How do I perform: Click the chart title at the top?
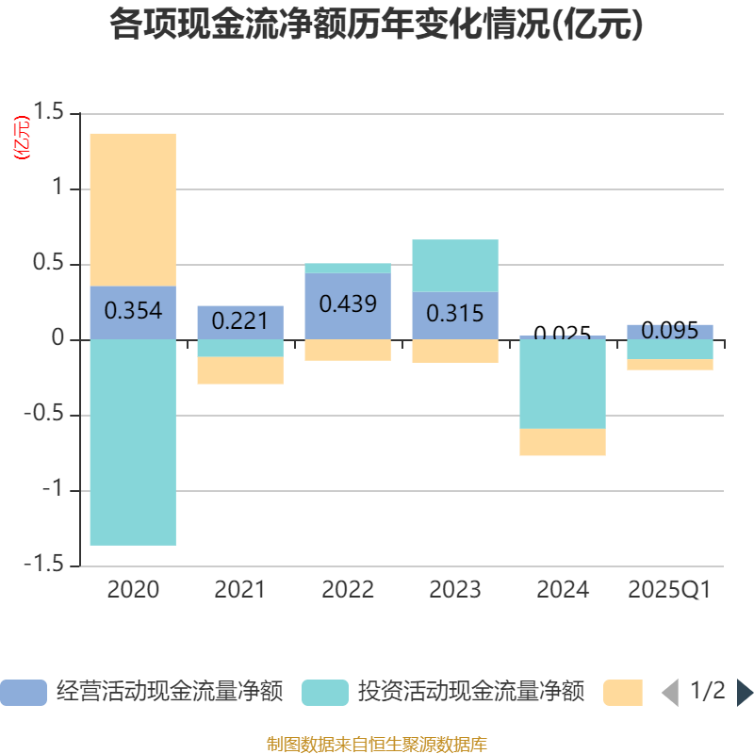click(x=376, y=25)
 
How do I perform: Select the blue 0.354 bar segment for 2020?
click(x=133, y=312)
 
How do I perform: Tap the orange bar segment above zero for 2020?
click(x=133, y=209)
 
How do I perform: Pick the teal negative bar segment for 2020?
click(x=133, y=442)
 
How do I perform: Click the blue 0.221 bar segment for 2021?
click(x=240, y=321)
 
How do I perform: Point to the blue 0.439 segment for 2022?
click(x=348, y=305)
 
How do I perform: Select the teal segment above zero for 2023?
click(x=455, y=265)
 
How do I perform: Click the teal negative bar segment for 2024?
click(x=563, y=384)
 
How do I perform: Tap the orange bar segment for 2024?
click(x=563, y=442)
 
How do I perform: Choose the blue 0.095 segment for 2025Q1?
click(x=670, y=331)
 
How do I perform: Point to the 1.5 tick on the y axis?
click(x=51, y=113)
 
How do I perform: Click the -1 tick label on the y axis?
click(x=55, y=490)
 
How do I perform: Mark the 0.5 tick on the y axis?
click(x=51, y=264)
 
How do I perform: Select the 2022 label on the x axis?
click(x=348, y=590)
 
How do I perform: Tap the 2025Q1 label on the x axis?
click(x=670, y=590)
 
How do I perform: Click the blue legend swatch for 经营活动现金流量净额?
click(x=23, y=693)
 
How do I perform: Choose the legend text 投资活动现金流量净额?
click(x=470, y=692)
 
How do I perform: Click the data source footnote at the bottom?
click(x=376, y=745)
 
